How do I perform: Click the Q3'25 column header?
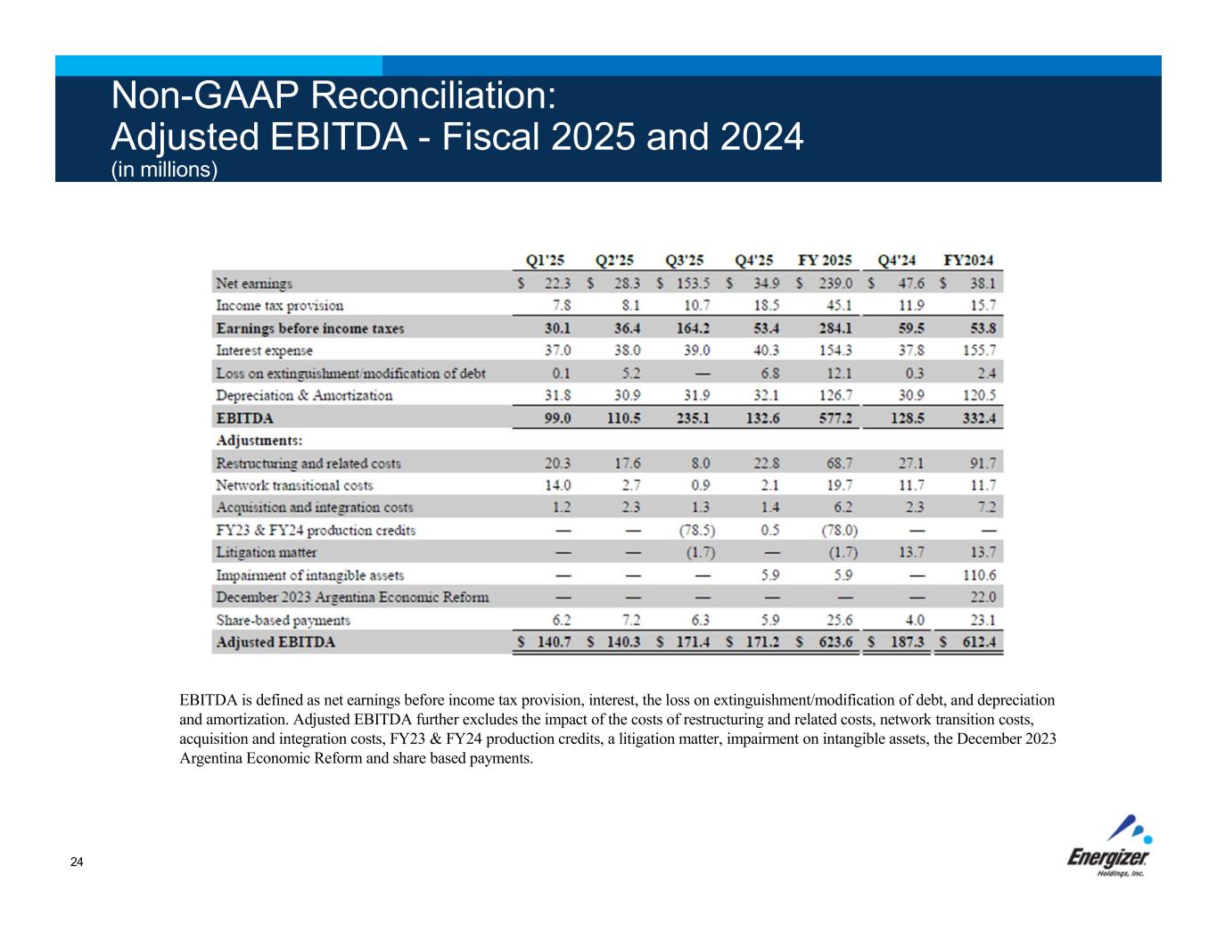pyautogui.click(x=684, y=260)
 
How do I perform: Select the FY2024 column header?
pyautogui.click(x=968, y=260)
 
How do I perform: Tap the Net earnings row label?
pyautogui.click(x=254, y=284)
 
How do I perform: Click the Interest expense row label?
pyautogui.click(x=265, y=351)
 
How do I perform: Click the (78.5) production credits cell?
pyautogui.click(x=696, y=531)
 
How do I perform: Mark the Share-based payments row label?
pyautogui.click(x=284, y=620)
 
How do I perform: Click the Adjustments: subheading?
pyautogui.click(x=259, y=441)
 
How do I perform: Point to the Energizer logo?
pyautogui.click(x=1110, y=847)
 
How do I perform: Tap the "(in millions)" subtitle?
pyautogui.click(x=164, y=169)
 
